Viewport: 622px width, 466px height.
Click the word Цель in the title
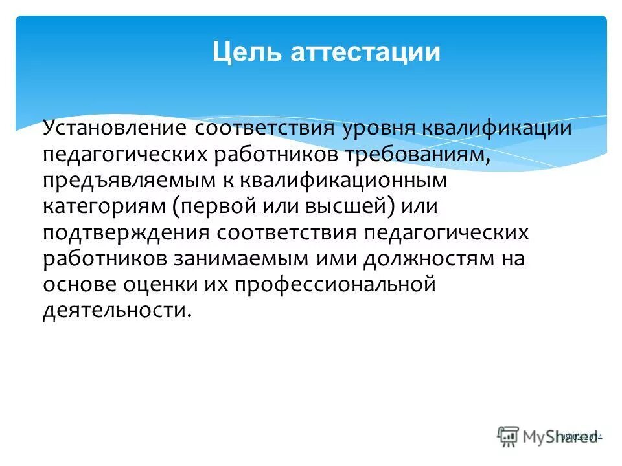point(247,52)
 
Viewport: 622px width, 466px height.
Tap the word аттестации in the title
point(365,52)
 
